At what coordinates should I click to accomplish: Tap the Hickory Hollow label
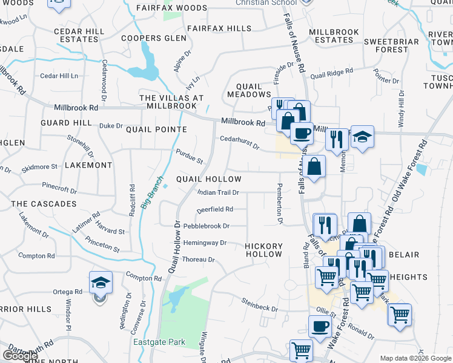264,250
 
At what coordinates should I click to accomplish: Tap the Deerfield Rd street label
215,209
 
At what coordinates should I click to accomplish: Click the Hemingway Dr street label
205,243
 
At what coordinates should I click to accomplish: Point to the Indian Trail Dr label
219,192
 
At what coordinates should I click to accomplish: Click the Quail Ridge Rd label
331,74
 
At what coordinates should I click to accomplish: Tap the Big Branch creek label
153,192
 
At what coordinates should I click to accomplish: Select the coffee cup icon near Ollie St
320,326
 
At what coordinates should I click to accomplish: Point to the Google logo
20,356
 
